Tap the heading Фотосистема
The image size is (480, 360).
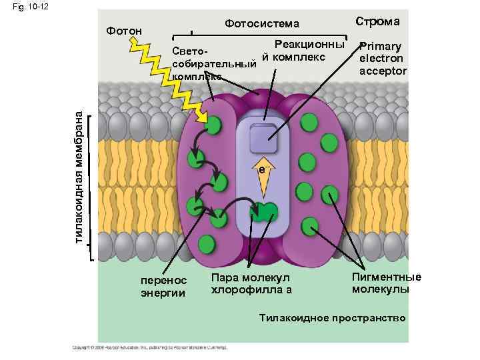[263, 24]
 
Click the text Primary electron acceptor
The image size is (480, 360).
[383, 59]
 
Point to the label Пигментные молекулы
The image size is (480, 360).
[387, 283]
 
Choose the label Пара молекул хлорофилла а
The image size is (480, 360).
[251, 283]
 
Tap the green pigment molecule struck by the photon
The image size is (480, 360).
[213, 126]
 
